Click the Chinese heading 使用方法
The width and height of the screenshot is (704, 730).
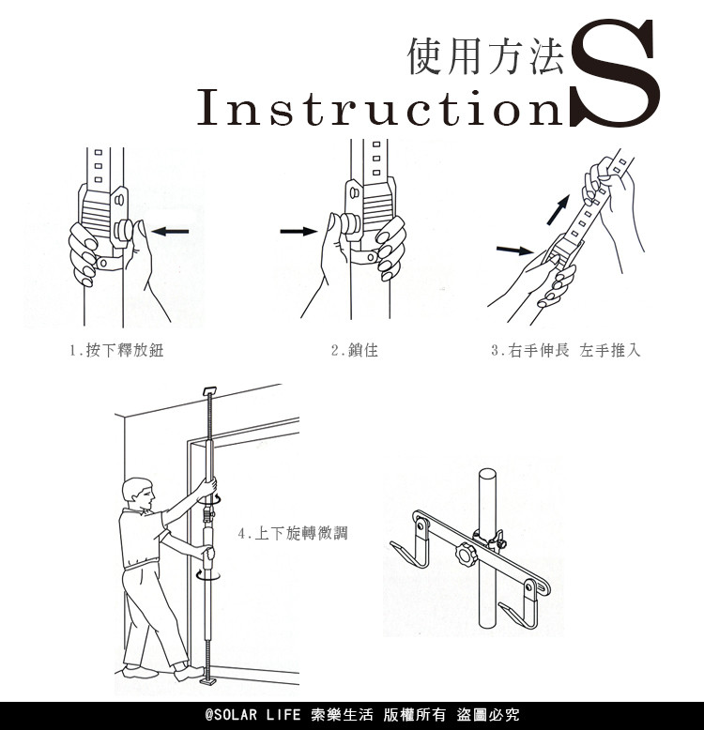click(x=486, y=56)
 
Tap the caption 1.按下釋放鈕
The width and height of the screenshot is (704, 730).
click(x=116, y=350)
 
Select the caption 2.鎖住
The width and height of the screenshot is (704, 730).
click(x=354, y=350)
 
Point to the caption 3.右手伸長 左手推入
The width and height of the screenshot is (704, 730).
click(x=566, y=350)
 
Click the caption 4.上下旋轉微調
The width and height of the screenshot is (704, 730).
click(x=293, y=533)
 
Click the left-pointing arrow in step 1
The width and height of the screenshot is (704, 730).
click(x=170, y=231)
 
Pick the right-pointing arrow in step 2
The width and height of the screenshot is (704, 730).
click(x=298, y=231)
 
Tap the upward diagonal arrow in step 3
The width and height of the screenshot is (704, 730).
click(x=559, y=210)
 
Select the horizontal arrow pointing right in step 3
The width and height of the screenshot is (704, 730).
click(x=515, y=251)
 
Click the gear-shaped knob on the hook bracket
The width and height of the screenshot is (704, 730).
click(x=466, y=554)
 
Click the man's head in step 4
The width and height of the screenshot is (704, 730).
click(x=137, y=494)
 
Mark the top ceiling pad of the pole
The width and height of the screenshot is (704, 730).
click(x=211, y=390)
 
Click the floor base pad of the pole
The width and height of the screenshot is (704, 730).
click(x=208, y=682)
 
